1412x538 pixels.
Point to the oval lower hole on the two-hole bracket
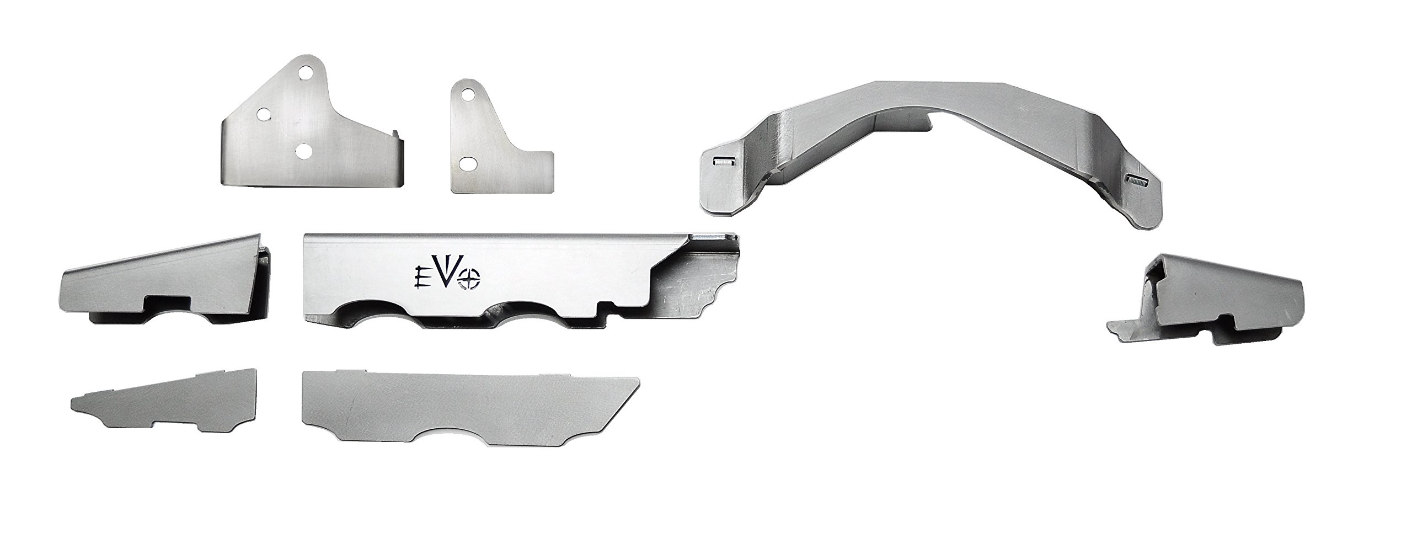[467, 163]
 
